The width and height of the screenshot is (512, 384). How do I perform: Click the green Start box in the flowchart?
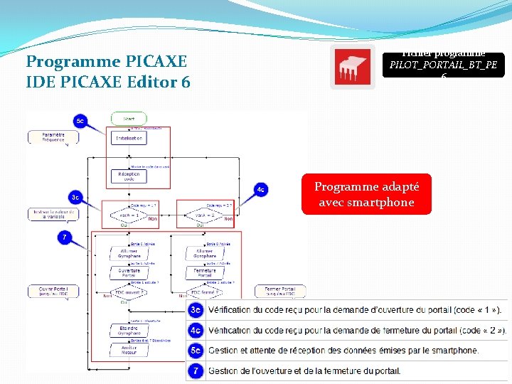[129, 119]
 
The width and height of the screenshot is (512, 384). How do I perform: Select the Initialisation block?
[129, 138]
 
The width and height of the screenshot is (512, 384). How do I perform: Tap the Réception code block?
[129, 176]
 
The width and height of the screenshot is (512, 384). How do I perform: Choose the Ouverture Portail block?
[129, 273]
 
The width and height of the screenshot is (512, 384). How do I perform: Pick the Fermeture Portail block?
[205, 273]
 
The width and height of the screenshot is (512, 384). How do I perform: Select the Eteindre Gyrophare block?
[129, 331]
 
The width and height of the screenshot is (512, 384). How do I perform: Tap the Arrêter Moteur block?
[129, 349]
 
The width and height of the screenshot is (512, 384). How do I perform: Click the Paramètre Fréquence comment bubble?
[53, 137]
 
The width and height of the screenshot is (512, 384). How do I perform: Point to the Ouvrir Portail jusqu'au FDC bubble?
[53, 292]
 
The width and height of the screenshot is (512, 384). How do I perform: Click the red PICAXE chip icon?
[352, 68]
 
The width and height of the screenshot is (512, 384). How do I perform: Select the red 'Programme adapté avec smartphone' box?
[366, 194]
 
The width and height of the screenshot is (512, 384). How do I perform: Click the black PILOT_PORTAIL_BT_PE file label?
[443, 65]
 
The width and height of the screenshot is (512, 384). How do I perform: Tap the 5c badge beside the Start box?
[80, 121]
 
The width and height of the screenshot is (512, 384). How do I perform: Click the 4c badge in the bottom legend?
[196, 331]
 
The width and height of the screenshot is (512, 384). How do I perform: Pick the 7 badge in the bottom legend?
[196, 370]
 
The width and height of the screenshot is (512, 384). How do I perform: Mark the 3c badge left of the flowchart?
[75, 196]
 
